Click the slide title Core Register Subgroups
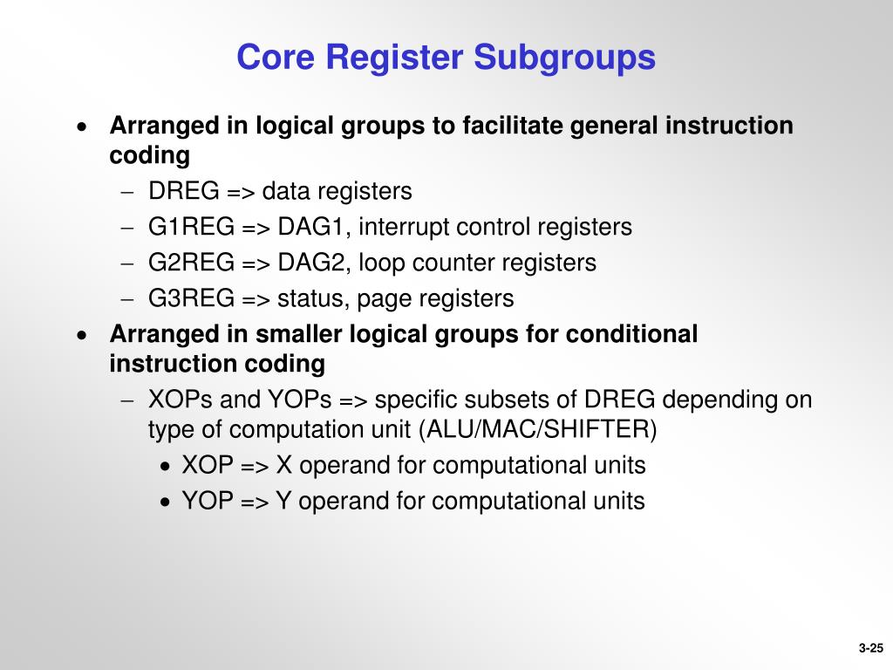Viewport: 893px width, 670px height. point(446,58)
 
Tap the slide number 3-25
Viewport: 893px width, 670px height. point(870,647)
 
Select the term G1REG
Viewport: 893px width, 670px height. point(191,227)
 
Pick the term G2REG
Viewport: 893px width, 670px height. point(191,263)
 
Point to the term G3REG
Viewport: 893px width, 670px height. point(191,298)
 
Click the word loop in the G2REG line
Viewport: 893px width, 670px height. point(381,263)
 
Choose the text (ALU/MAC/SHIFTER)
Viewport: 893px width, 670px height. point(538,429)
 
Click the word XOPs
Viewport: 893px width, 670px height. point(181,400)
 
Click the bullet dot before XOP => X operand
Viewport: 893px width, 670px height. point(166,467)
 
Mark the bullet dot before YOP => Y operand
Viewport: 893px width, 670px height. point(166,502)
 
